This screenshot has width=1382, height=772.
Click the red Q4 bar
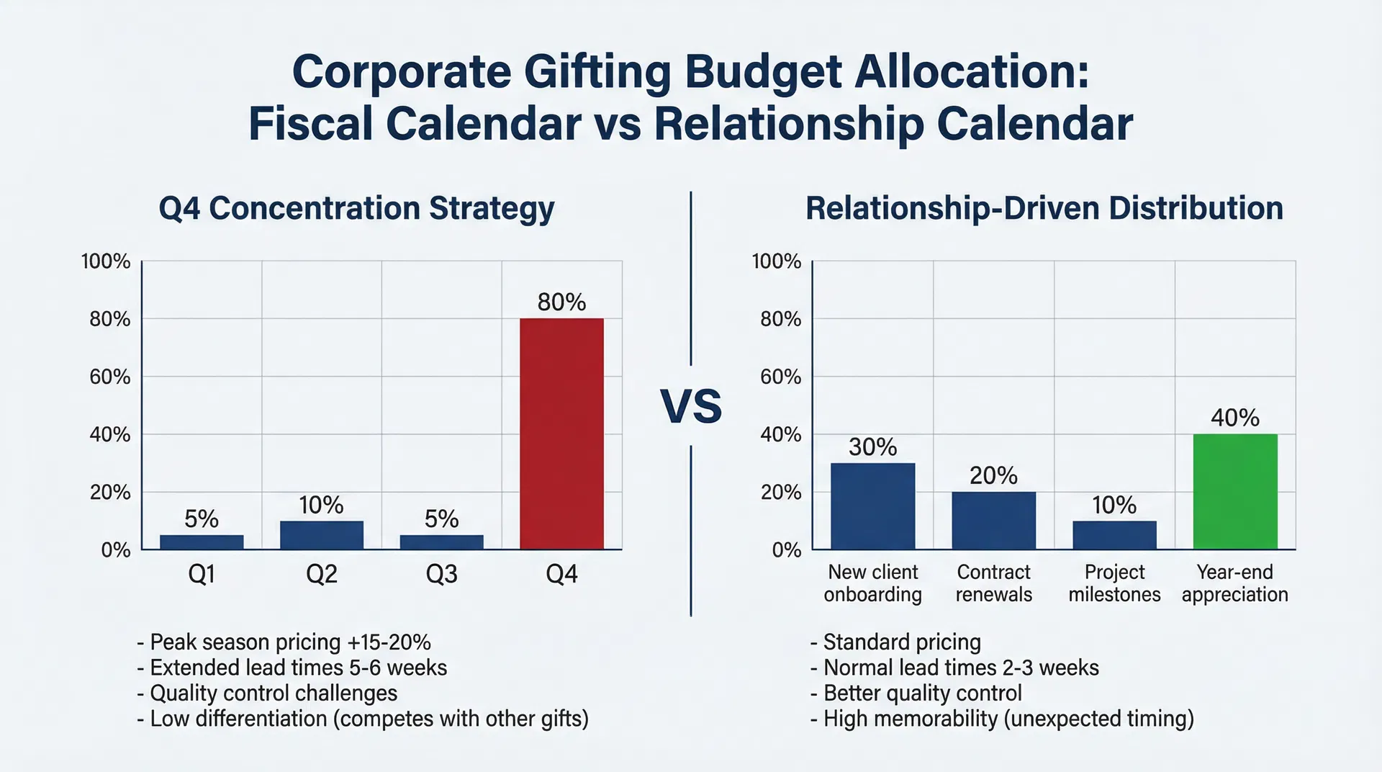click(x=561, y=434)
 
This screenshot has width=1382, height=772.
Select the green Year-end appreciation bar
click(x=1235, y=491)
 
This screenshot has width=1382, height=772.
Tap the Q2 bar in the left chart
click(x=321, y=535)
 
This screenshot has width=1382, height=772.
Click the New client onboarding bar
click(x=872, y=506)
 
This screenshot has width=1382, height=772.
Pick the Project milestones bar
click(x=1114, y=535)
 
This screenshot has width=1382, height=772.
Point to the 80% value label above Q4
click(x=561, y=302)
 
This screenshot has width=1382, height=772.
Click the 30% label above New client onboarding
click(x=872, y=447)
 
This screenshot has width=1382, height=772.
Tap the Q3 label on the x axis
click(x=441, y=574)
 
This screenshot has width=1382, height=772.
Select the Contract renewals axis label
click(x=993, y=583)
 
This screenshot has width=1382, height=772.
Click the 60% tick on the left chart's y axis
click(x=109, y=377)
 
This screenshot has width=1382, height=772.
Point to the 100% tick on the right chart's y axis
click(x=776, y=261)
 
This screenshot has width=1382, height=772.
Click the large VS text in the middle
click(x=690, y=406)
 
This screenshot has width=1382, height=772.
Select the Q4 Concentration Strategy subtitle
click(x=356, y=209)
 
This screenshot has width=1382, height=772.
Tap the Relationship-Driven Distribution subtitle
click(x=1044, y=209)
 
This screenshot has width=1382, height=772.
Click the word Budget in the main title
click(x=762, y=72)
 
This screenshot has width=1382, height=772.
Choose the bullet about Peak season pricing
click(x=284, y=642)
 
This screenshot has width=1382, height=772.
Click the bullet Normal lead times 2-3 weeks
click(x=954, y=668)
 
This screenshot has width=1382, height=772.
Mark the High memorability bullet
click(x=1002, y=719)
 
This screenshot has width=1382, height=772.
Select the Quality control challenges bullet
click(x=267, y=693)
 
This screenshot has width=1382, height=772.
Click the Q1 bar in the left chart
click(x=202, y=542)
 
